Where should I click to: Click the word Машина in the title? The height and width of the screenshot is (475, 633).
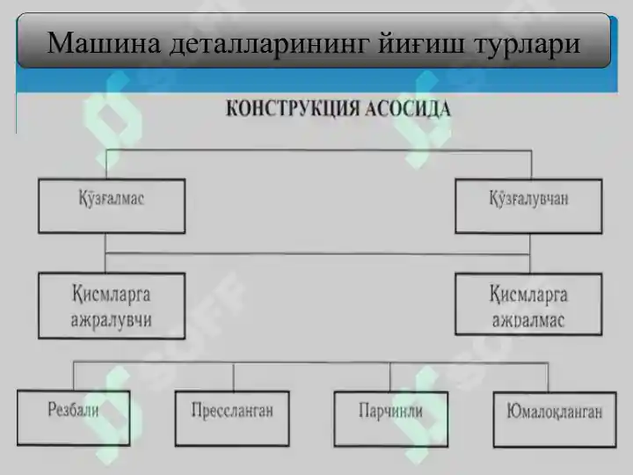click(x=104, y=43)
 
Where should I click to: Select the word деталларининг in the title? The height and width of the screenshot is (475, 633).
click(x=270, y=45)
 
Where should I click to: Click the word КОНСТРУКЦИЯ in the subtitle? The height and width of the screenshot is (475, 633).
click(x=293, y=109)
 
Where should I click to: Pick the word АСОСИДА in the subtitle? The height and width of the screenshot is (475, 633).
click(x=408, y=109)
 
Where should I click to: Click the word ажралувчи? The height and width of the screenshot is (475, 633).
click(x=111, y=320)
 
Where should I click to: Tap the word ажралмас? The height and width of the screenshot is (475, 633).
click(x=528, y=321)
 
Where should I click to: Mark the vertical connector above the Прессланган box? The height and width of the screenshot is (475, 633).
click(x=233, y=377)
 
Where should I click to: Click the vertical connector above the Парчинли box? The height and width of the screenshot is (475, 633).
click(x=390, y=377)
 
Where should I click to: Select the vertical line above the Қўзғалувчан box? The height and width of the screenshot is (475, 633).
click(x=531, y=164)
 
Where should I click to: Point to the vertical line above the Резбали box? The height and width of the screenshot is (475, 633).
click(x=74, y=376)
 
